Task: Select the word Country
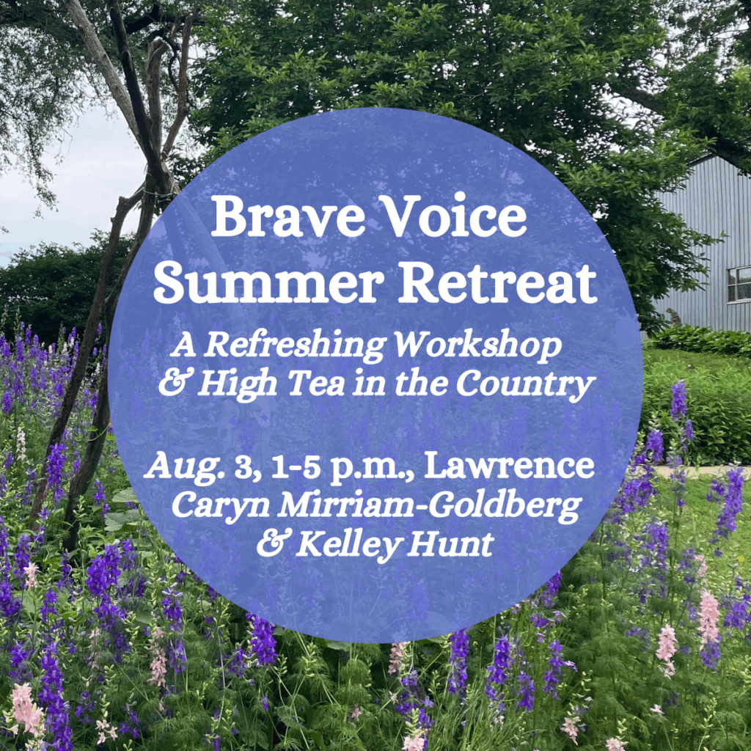pos(525,385)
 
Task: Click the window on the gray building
pos(739,285)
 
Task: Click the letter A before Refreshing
pos(184,345)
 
